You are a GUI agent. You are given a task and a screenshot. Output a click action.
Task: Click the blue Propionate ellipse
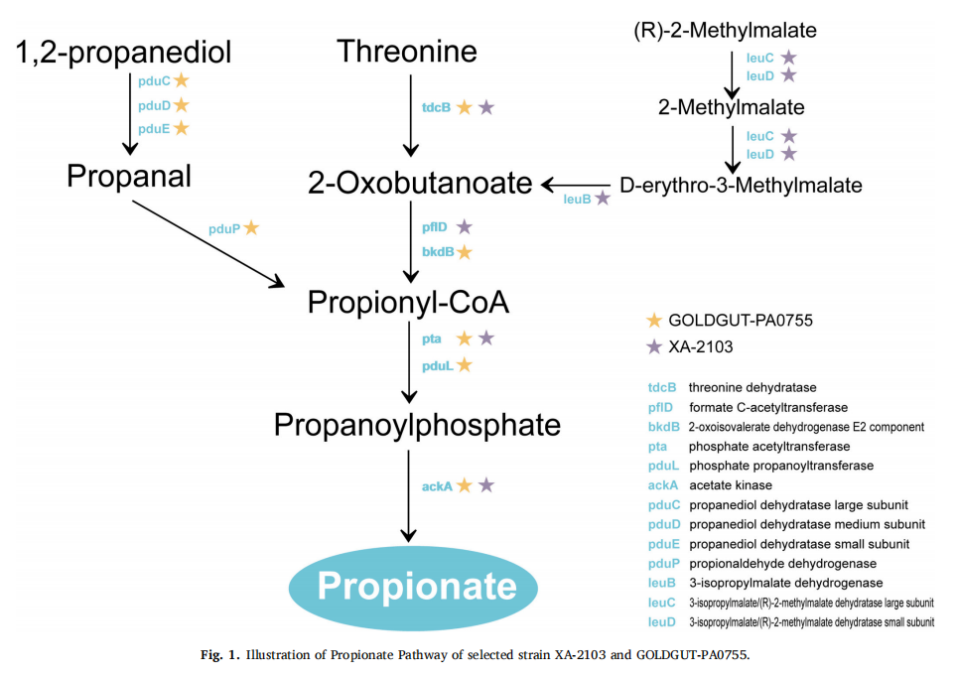pyautogui.click(x=413, y=587)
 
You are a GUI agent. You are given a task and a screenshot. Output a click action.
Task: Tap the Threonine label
pyautogui.click(x=407, y=51)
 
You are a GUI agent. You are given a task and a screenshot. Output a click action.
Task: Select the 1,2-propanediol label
pyautogui.click(x=123, y=52)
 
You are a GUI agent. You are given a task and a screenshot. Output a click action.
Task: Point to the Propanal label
pyautogui.click(x=129, y=177)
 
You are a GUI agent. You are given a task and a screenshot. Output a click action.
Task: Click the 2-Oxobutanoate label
pyautogui.click(x=420, y=183)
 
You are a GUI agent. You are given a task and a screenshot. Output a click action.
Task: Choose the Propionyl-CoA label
pyautogui.click(x=408, y=302)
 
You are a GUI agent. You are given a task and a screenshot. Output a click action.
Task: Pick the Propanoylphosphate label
pyautogui.click(x=417, y=425)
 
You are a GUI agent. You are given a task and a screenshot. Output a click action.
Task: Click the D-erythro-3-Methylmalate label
pyautogui.click(x=741, y=186)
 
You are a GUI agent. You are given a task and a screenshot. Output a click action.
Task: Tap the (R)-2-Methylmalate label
pyautogui.click(x=725, y=31)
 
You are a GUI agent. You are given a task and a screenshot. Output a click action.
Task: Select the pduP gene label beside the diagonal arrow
pyautogui.click(x=224, y=229)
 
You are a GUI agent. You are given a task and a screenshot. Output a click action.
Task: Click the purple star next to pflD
pyautogui.click(x=465, y=227)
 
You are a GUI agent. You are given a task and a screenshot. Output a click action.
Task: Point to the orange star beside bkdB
pyautogui.click(x=465, y=251)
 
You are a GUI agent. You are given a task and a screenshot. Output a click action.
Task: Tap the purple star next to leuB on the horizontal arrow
pyautogui.click(x=603, y=198)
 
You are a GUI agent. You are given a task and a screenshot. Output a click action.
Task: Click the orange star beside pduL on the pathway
pyautogui.click(x=465, y=365)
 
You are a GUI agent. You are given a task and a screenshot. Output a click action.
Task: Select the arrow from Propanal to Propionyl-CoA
pyautogui.click(x=208, y=243)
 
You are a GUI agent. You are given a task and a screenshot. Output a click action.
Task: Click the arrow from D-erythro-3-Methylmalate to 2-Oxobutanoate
pyautogui.click(x=576, y=185)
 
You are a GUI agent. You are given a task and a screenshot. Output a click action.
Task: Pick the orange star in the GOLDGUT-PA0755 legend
pyautogui.click(x=654, y=321)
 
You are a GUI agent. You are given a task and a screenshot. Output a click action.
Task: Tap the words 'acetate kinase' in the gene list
pyautogui.click(x=731, y=485)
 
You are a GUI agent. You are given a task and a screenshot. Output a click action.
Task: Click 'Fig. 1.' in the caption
pyautogui.click(x=221, y=655)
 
